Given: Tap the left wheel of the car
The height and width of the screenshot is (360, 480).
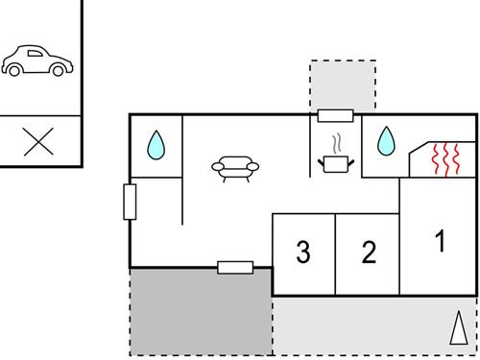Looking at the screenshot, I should (x=17, y=72).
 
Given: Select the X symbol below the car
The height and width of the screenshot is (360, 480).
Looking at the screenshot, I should (x=37, y=142).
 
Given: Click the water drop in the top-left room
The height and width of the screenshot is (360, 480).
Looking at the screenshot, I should (x=156, y=146).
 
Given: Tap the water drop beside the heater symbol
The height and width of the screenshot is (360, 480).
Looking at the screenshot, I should (x=385, y=142).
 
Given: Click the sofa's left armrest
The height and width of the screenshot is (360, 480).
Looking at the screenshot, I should (x=216, y=168).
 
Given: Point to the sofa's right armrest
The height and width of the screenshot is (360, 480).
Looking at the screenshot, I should (x=254, y=168).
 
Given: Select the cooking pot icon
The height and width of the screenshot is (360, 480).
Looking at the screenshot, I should (x=334, y=164).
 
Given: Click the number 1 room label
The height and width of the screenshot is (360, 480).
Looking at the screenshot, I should (x=440, y=241).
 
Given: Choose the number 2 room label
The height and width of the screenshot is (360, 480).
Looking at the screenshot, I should (x=368, y=252).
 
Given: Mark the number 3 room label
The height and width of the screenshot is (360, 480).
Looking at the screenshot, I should (x=303, y=252).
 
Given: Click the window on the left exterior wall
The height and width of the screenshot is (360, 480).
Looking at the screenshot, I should (x=131, y=202).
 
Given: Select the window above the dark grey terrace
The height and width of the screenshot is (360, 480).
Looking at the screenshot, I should (x=234, y=267).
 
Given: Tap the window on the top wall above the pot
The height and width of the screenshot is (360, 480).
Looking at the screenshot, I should (x=335, y=116).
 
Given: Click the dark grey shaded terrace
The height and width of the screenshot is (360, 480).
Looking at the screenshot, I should (x=201, y=312).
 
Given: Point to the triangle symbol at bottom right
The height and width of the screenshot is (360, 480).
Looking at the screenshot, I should (x=458, y=328).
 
